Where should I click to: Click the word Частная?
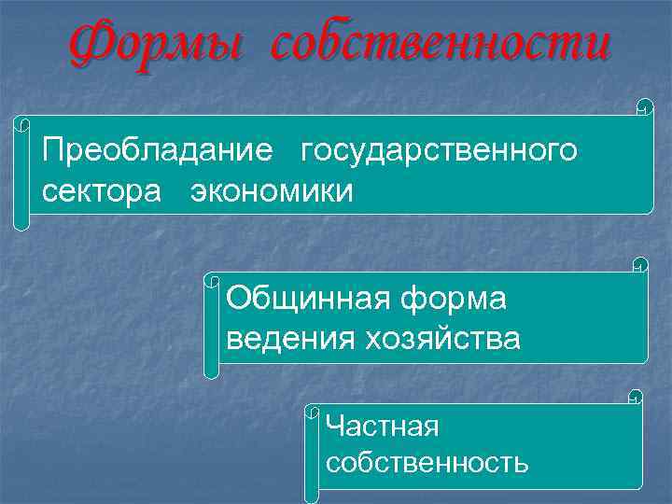[382, 427]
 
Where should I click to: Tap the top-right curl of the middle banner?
[640, 264]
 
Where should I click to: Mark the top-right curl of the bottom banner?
[636, 396]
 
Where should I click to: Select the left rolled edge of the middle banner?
[212, 327]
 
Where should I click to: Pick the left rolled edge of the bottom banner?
[313, 447]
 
